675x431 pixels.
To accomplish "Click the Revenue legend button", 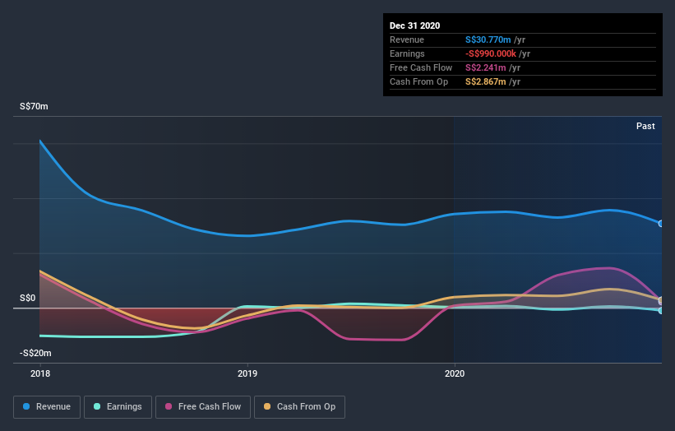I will (x=48, y=406).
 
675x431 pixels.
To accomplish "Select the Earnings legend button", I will (x=118, y=406).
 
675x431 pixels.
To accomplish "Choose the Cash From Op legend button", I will (x=300, y=406).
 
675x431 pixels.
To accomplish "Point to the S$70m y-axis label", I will (x=35, y=107).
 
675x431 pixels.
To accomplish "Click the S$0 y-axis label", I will (x=29, y=299).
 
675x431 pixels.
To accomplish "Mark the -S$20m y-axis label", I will (x=37, y=353).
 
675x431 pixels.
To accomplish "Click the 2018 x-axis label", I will (x=39, y=373).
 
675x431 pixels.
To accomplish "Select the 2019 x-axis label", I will (x=247, y=373).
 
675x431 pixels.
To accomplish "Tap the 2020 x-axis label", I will (x=454, y=373).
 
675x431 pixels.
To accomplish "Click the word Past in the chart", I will (x=645, y=126).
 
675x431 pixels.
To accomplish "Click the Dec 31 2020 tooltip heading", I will (x=415, y=26).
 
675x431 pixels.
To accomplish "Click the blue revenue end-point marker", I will (x=660, y=224).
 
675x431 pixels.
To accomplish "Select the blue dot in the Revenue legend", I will (x=27, y=406).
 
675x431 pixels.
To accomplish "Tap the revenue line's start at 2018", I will (x=39, y=141).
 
